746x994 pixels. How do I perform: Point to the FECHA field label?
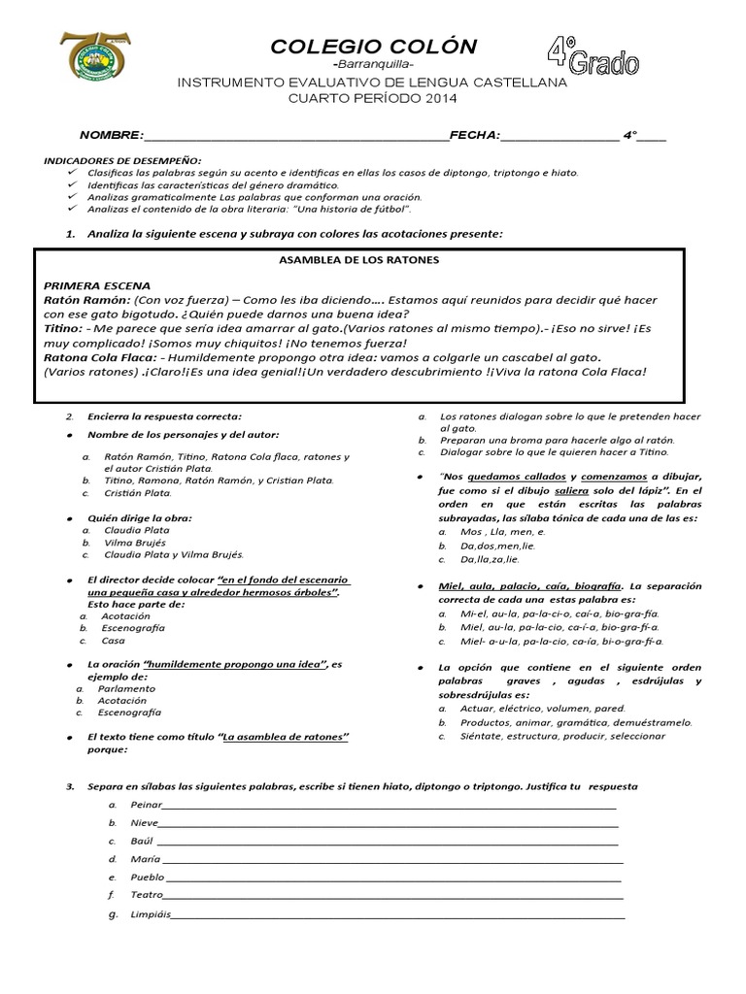point(473,135)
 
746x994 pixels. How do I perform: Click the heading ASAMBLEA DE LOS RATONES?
point(359,260)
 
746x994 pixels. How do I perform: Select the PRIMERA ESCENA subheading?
point(97,286)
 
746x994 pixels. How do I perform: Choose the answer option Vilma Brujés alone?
point(136,543)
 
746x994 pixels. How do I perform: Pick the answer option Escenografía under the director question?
point(133,628)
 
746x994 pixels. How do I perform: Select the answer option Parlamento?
point(127,687)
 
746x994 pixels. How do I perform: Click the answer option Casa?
point(114,641)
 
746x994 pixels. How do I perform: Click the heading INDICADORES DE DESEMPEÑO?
point(121,158)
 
